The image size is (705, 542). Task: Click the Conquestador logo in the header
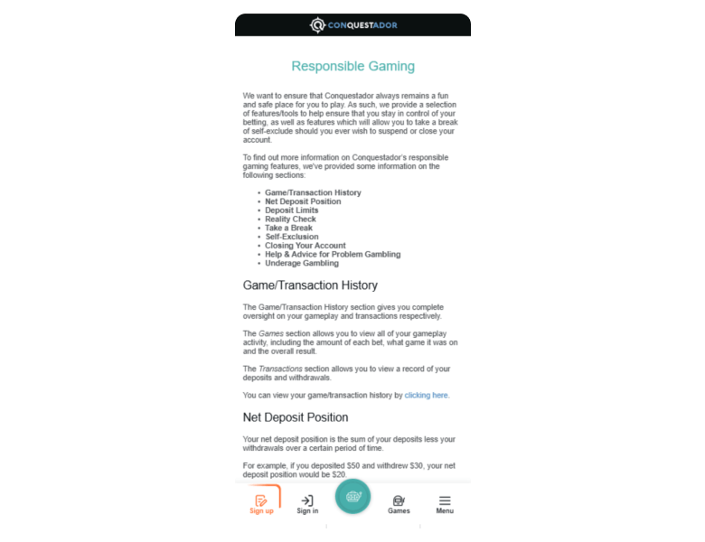coord(353,24)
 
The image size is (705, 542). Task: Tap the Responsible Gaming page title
coord(352,67)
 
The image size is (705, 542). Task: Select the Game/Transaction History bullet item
coord(313,193)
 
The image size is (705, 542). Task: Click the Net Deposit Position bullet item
coord(303,201)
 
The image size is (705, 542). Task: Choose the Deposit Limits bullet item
coord(291,210)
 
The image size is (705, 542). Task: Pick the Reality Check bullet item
coord(290,220)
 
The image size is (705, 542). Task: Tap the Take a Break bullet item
coord(288,229)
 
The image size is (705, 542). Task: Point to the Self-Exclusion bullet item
coord(291,237)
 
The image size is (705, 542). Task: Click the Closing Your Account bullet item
coord(305,246)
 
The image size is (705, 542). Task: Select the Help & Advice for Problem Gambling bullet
coord(333,255)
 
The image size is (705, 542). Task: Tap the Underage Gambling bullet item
coord(302,264)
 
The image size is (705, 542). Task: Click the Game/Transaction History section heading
coord(310,285)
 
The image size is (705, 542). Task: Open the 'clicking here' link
coord(426,396)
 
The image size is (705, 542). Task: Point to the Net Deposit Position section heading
coord(296,417)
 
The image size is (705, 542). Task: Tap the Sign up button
coord(261,504)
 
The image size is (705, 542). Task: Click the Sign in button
coord(307,504)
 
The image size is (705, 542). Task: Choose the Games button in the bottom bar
coord(399,504)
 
